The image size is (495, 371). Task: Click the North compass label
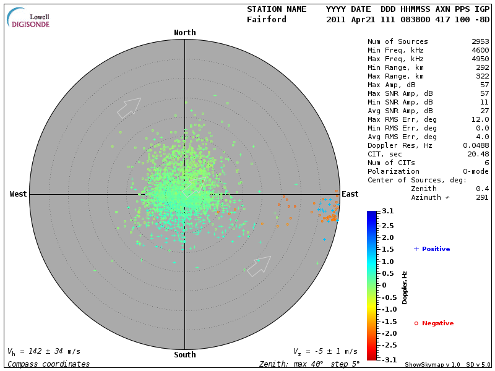[x=184, y=33]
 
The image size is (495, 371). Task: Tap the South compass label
[x=184, y=355]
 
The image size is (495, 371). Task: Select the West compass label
[x=18, y=194]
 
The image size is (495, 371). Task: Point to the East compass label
[x=350, y=194]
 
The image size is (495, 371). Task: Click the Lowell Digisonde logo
[x=29, y=19]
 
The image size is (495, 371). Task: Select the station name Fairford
[x=267, y=19]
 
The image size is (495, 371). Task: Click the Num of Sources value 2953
[x=480, y=41]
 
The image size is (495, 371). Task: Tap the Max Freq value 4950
[x=480, y=59]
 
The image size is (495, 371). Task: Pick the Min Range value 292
[x=482, y=67]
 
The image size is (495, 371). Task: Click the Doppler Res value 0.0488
[x=475, y=145]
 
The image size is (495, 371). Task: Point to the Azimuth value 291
[x=482, y=197]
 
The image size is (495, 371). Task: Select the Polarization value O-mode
[x=473, y=171]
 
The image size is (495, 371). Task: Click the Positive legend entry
[x=432, y=249]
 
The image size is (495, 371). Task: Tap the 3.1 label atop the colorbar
[x=389, y=211]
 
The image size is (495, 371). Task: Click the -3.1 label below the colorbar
[x=387, y=359]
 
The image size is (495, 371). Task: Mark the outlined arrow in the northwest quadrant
[x=129, y=108]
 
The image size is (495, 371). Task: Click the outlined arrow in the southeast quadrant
[x=259, y=266]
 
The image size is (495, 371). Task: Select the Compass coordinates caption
[x=48, y=364]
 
